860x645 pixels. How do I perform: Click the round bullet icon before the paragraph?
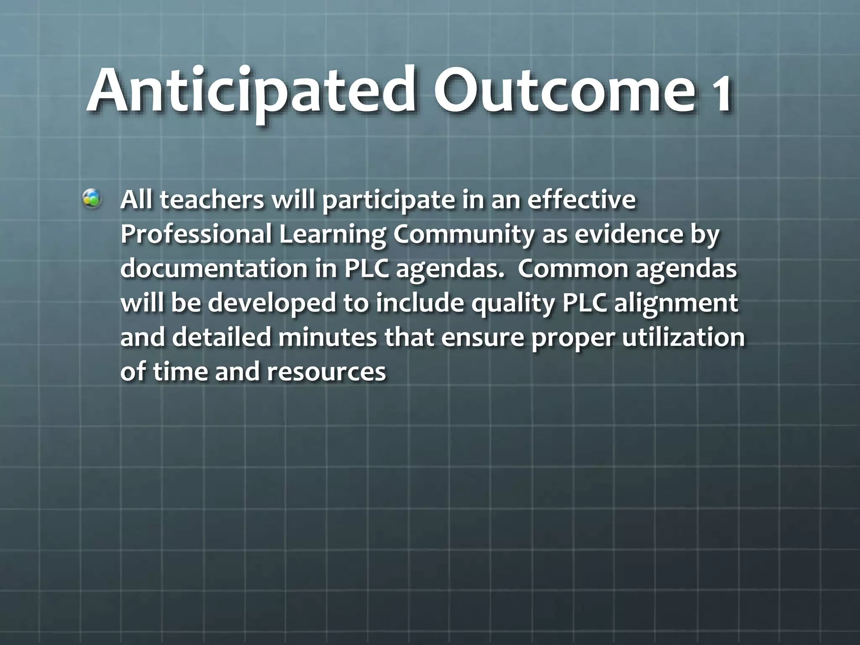pos(92,199)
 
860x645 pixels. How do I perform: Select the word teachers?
pos(212,200)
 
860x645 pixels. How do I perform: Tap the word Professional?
pos(196,234)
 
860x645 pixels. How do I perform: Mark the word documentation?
pos(214,269)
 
